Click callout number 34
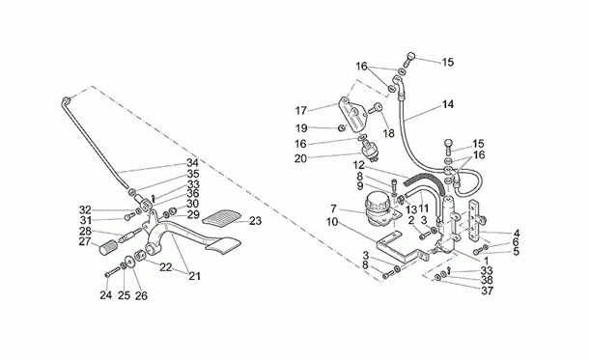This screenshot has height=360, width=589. (193, 163)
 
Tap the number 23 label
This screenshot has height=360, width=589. (255, 221)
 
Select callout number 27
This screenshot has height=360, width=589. (85, 241)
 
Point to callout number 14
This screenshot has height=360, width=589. (447, 104)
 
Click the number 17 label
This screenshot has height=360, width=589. (301, 111)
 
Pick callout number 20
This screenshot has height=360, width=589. (300, 159)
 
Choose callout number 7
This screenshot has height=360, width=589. (333, 208)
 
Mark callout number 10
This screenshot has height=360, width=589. (332, 222)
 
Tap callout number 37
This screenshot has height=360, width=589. (488, 291)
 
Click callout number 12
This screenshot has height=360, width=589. (359, 165)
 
